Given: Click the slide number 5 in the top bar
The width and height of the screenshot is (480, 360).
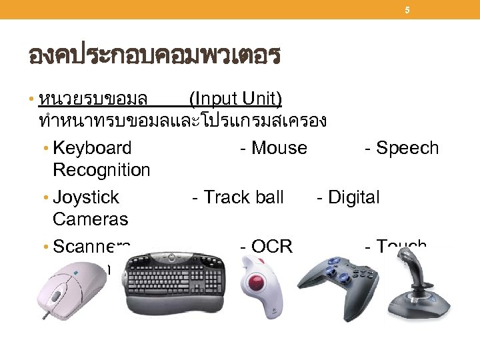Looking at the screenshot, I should click(408, 10).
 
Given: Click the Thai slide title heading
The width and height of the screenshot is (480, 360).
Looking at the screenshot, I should click(154, 55).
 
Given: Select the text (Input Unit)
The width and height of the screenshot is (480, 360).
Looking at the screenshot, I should click(235, 99).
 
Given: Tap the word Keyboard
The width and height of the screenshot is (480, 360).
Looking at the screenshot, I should click(92, 148).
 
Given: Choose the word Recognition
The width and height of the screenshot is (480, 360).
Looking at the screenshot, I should click(101, 170).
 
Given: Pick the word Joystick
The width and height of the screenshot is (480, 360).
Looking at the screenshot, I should click(85, 197).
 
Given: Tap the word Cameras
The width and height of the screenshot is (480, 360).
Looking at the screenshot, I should click(90, 219).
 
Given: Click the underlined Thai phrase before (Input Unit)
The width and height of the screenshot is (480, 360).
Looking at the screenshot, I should click(93, 99).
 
